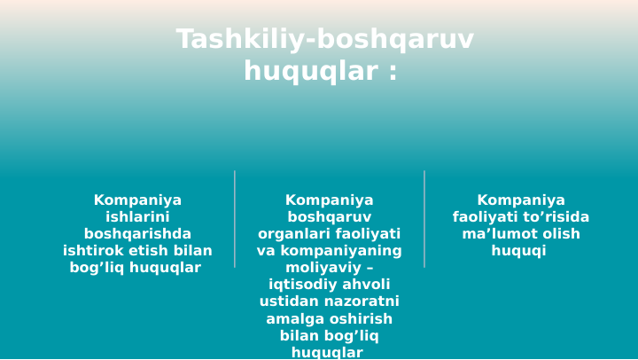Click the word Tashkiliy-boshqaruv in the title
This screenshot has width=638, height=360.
(x=324, y=40)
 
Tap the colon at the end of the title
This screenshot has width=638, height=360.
(x=393, y=71)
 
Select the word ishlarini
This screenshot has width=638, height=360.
(x=137, y=217)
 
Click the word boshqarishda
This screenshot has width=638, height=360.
(x=137, y=234)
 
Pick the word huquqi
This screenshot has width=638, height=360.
(x=520, y=251)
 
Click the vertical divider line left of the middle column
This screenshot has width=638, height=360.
(x=235, y=219)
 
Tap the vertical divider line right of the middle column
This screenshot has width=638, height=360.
(x=424, y=219)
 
